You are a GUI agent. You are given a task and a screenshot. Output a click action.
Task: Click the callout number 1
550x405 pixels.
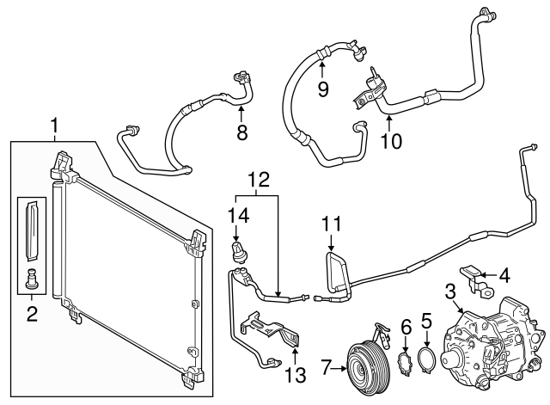[x=54, y=127]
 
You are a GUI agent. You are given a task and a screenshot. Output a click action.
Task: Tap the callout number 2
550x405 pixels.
[x=32, y=315]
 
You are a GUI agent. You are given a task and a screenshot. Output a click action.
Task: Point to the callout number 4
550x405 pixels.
[x=504, y=277]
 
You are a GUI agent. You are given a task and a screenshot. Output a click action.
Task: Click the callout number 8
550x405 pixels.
[x=241, y=133]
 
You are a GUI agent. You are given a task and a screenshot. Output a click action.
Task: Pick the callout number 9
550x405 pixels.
[x=323, y=89]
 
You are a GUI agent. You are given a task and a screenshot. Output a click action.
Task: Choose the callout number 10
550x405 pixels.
[x=391, y=139]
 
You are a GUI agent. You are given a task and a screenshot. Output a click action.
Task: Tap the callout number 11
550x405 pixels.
[x=332, y=225]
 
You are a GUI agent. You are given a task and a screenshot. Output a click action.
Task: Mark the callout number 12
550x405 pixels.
[x=257, y=180]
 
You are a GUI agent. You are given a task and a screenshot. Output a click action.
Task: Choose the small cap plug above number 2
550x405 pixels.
[x=33, y=279]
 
